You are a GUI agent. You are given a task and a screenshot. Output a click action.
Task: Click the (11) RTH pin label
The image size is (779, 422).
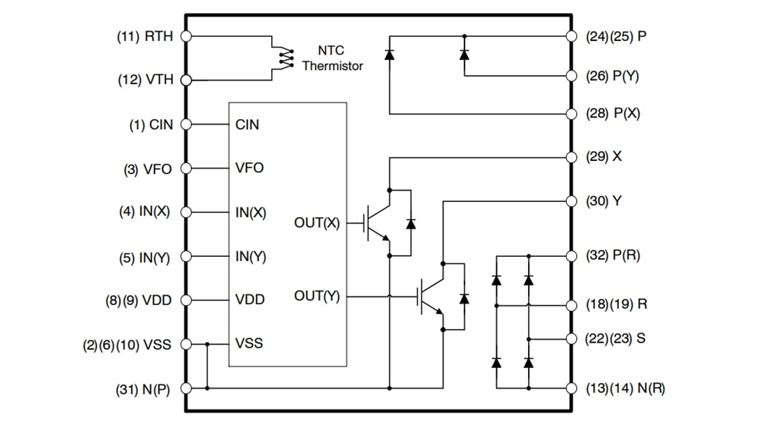click(144, 36)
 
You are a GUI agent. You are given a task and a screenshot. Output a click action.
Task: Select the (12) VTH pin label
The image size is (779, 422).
click(145, 80)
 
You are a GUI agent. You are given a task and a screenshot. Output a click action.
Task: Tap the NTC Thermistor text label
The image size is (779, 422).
click(332, 58)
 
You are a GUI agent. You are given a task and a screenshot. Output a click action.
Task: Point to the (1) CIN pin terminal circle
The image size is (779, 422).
click(186, 124)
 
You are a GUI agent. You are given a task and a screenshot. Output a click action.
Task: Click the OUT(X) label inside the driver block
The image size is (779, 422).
click(317, 224)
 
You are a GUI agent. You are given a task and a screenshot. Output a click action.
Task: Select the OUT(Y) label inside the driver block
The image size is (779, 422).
click(317, 296)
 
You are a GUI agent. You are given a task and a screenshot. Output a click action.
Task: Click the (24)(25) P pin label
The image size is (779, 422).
click(616, 36)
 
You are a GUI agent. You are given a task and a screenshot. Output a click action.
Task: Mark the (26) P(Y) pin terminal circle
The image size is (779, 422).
click(572, 75)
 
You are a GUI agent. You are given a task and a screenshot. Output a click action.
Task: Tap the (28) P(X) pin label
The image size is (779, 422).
click(612, 114)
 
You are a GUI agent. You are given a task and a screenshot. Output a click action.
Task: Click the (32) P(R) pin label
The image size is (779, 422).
click(612, 255)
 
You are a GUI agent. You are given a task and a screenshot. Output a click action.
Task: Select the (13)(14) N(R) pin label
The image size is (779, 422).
click(625, 389)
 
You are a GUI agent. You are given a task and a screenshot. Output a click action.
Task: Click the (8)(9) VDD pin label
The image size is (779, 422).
click(138, 300)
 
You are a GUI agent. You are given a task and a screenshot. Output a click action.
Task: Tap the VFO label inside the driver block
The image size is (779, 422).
click(250, 168)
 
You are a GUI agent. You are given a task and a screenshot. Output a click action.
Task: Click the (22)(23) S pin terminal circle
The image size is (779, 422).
click(572, 338)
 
